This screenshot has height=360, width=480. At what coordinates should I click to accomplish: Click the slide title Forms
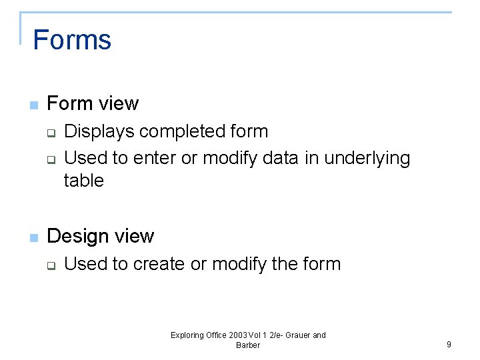(x=72, y=40)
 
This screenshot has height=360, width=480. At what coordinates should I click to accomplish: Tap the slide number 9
(x=449, y=345)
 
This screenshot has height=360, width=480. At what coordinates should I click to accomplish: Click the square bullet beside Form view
(x=33, y=105)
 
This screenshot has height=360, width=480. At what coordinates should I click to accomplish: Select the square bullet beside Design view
(x=33, y=238)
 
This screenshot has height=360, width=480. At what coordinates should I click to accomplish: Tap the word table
(x=84, y=181)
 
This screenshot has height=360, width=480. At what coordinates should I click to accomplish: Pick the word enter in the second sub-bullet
(x=157, y=159)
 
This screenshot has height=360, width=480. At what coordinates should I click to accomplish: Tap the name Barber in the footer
(x=248, y=345)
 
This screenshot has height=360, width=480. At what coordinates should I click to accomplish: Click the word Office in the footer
(x=216, y=335)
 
